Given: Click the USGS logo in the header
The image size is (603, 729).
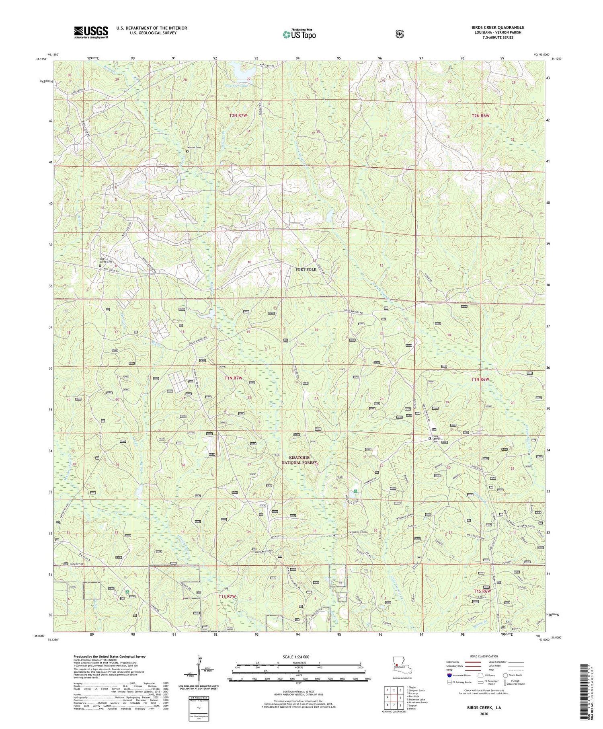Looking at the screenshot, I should pos(91,32).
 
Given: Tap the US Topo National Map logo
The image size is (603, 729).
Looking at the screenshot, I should pos(299,34).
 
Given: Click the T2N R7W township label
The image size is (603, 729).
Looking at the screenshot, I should pos(240,116).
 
